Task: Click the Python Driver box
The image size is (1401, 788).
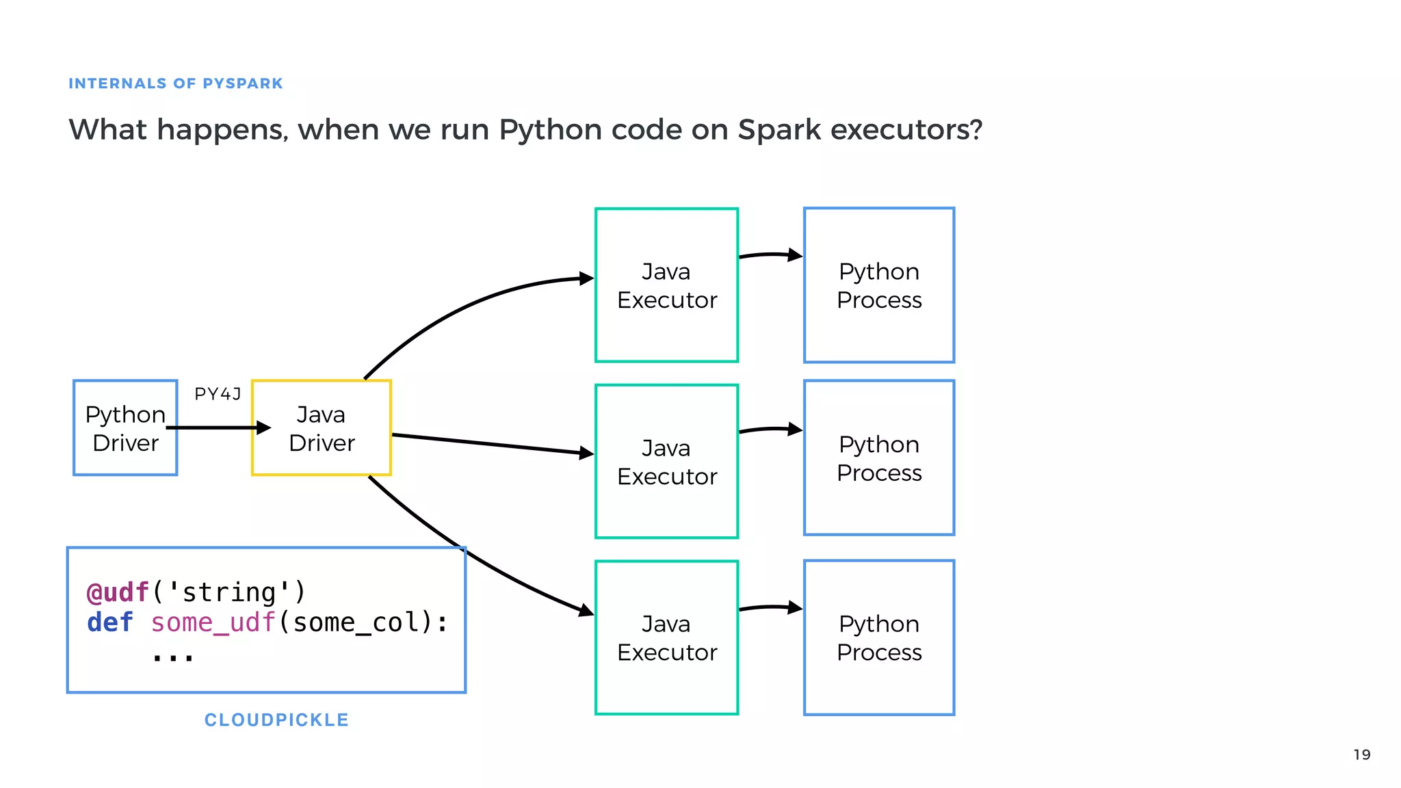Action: click(125, 428)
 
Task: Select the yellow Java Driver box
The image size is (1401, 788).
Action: click(322, 428)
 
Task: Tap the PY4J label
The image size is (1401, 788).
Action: click(218, 394)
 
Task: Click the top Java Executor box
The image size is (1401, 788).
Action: click(666, 285)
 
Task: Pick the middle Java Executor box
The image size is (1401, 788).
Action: click(666, 462)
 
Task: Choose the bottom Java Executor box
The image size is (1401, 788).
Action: click(666, 638)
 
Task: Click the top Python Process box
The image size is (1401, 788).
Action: click(879, 285)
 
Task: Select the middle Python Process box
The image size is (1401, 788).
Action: click(879, 458)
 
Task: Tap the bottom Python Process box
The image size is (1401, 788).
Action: click(879, 638)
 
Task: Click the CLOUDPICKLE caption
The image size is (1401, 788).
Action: click(276, 720)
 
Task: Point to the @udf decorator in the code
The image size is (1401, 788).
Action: click(118, 592)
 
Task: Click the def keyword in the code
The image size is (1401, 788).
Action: click(109, 623)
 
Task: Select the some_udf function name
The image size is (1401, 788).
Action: click(213, 623)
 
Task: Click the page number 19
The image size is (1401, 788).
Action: click(1361, 754)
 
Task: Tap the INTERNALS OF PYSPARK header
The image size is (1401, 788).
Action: click(175, 83)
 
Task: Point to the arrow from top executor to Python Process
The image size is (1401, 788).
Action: click(770, 255)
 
